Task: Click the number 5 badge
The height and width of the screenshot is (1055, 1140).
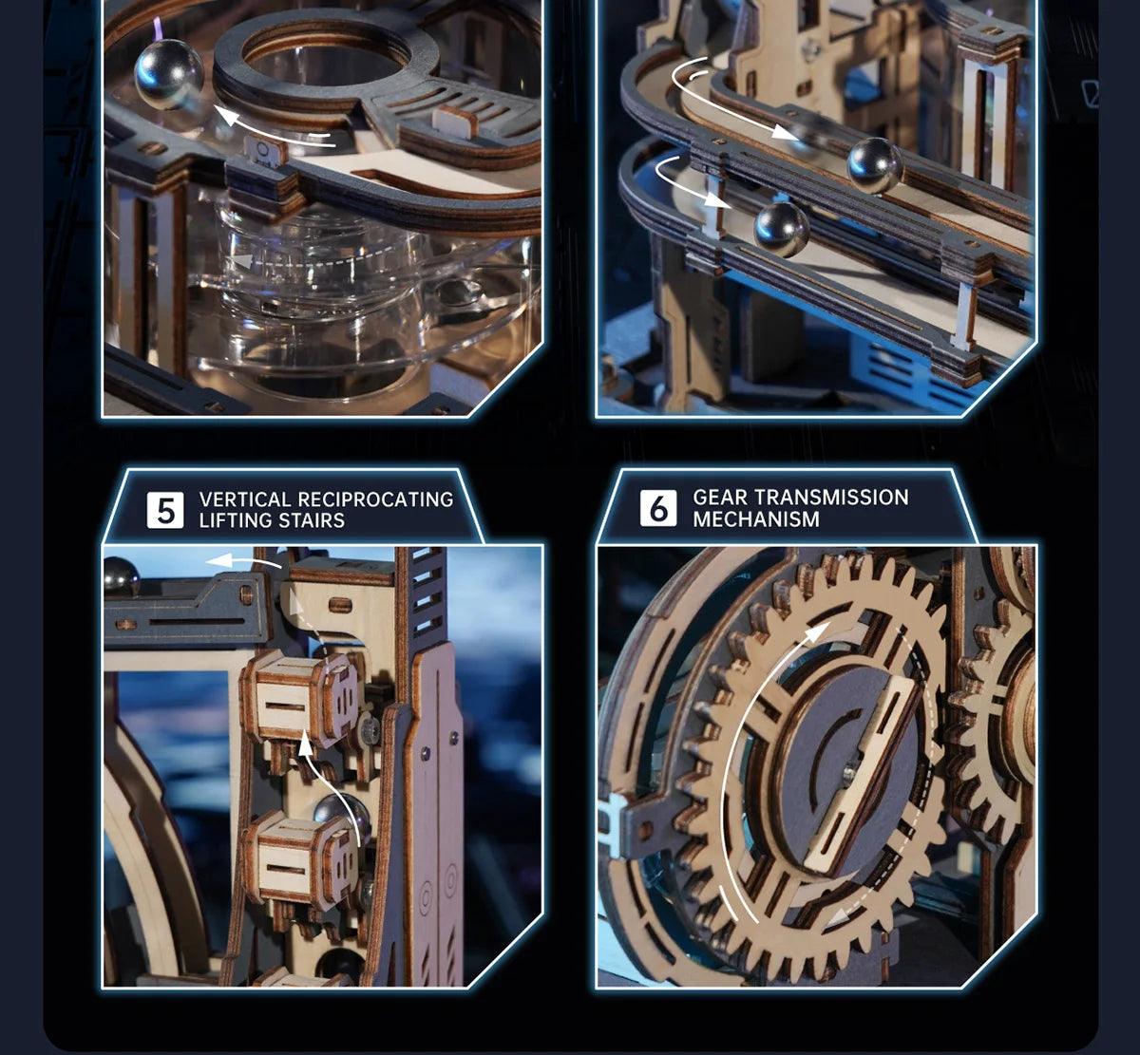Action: click(x=165, y=510)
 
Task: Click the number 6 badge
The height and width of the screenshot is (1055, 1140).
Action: click(x=657, y=508)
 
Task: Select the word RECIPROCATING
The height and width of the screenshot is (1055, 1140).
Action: click(x=375, y=499)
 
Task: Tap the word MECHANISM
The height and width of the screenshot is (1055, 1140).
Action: click(x=756, y=518)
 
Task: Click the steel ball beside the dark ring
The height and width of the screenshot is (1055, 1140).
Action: click(x=169, y=73)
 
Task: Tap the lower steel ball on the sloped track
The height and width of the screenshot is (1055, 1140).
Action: click(x=782, y=229)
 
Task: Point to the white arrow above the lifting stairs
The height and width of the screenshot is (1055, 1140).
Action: click(x=244, y=561)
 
